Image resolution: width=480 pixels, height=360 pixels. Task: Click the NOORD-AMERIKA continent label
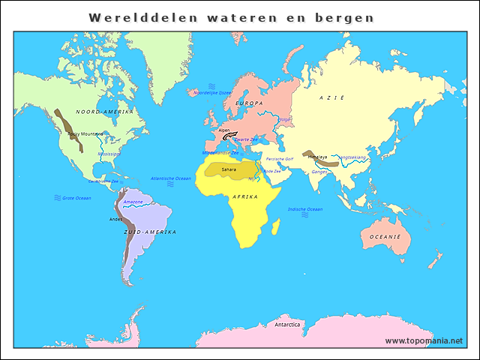(104, 112)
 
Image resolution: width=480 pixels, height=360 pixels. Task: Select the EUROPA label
(249, 103)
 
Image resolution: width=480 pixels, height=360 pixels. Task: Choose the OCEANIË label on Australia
(384, 237)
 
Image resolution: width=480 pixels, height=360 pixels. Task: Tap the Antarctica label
(287, 325)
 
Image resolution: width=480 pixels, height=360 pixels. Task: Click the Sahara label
(229, 169)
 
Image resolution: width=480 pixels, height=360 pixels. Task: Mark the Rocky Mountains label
(85, 134)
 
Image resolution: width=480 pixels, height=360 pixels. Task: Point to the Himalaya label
(317, 157)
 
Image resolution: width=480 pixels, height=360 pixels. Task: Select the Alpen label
(224, 130)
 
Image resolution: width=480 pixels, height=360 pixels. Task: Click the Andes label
(115, 219)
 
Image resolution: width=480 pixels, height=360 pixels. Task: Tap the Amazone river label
(133, 202)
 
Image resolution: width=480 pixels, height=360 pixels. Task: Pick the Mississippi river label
(109, 154)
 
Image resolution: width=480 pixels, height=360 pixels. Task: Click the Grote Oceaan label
(76, 198)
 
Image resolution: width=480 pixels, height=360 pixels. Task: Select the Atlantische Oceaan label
(171, 178)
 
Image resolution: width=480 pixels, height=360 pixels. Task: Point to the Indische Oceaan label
(305, 209)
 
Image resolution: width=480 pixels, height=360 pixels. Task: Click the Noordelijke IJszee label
(212, 93)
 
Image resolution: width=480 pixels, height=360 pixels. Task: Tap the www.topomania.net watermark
(424, 340)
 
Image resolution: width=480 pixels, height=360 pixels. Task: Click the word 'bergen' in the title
(348, 16)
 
